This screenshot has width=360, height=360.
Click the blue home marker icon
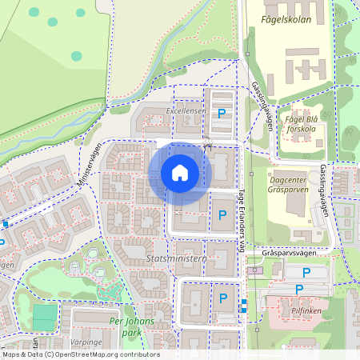(x=180, y=172)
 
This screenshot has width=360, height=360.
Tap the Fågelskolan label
(x=278, y=15)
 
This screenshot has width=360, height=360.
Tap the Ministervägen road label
(x=90, y=166)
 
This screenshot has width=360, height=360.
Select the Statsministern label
(x=177, y=259)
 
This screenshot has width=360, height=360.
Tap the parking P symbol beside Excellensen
(x=222, y=114)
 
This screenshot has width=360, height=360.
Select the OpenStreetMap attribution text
(x=80, y=354)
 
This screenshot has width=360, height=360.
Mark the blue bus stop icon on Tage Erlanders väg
(x=243, y=303)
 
